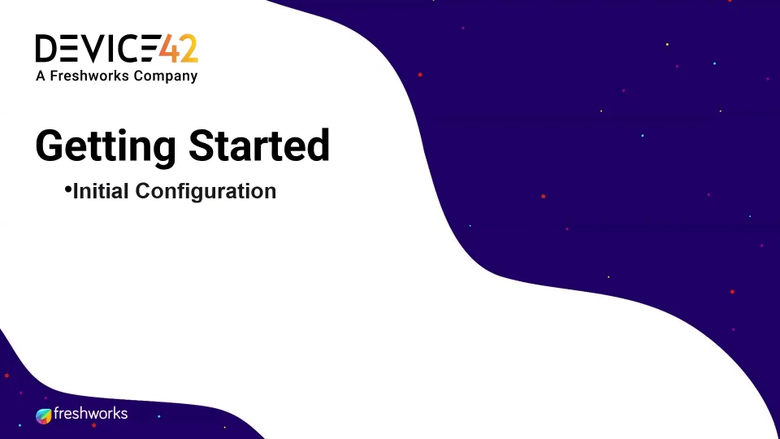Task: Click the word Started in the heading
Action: point(259,146)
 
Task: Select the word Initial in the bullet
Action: point(102,191)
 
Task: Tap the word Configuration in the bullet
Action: point(206,192)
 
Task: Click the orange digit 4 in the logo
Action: point(169,48)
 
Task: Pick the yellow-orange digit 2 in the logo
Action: point(189,48)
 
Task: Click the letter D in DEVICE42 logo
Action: point(46,48)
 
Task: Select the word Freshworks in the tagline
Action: point(89,76)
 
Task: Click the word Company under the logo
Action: point(166,76)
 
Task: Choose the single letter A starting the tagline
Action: point(41,76)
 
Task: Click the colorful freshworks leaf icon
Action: point(44,415)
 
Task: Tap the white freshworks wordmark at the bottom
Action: point(90,414)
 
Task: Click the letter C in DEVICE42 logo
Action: point(128,48)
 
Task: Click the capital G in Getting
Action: point(49,146)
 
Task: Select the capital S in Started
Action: point(201,146)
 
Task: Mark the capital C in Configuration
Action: point(143,191)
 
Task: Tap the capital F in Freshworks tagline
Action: point(54,76)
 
